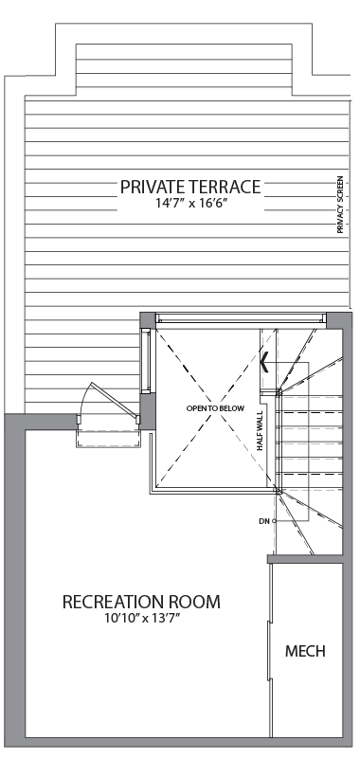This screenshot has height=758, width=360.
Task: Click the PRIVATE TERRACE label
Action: (x=190, y=187)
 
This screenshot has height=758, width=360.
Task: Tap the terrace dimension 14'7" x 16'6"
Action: (x=190, y=203)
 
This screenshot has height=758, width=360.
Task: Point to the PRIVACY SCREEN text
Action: (x=340, y=205)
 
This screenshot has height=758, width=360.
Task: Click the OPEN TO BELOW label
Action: (x=215, y=408)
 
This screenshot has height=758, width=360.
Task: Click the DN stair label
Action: (x=263, y=521)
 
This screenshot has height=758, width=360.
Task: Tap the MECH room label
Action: (x=305, y=651)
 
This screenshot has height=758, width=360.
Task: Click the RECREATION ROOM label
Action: (x=141, y=603)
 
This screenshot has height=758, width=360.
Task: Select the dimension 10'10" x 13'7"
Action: (x=141, y=619)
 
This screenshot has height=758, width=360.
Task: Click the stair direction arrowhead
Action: (x=264, y=363)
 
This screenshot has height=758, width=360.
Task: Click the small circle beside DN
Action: (x=274, y=521)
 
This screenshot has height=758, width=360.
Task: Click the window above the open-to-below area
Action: (x=241, y=318)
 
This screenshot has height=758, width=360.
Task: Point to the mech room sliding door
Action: (x=270, y=650)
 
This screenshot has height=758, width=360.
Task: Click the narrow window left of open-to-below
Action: (x=145, y=361)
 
